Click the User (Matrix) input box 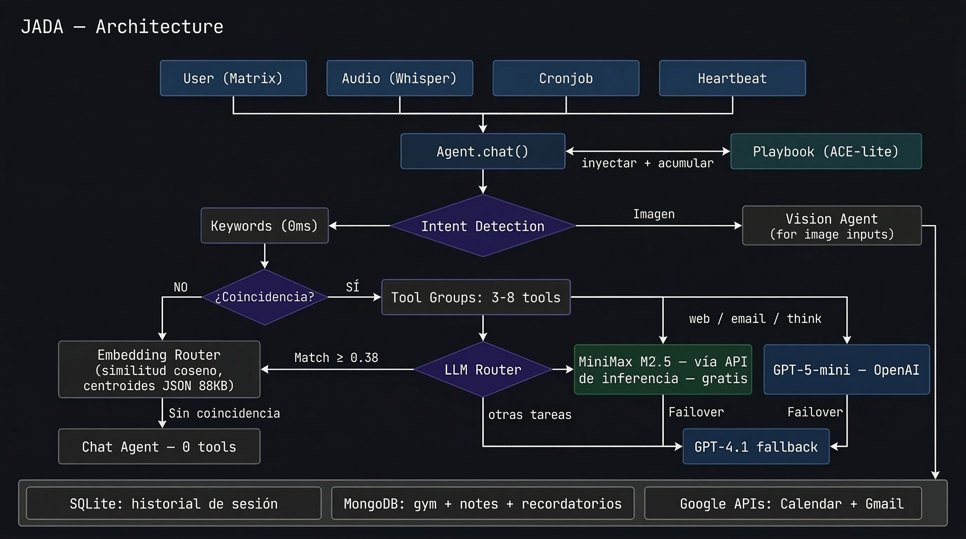(233, 78)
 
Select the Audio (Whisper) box (399, 78)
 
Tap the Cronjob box (565, 78)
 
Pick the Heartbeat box (732, 78)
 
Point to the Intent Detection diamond (483, 226)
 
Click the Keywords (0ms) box (264, 226)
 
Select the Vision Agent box (832, 226)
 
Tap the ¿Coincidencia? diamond (264, 297)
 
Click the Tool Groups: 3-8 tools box (476, 297)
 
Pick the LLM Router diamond (483, 370)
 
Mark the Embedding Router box (159, 370)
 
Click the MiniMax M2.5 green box (663, 370)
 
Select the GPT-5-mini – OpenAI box (846, 370)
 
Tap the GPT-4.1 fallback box (756, 446)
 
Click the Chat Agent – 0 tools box (159, 446)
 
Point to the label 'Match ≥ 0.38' (336, 358)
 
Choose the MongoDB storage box (483, 504)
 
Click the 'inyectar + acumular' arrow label (647, 163)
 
